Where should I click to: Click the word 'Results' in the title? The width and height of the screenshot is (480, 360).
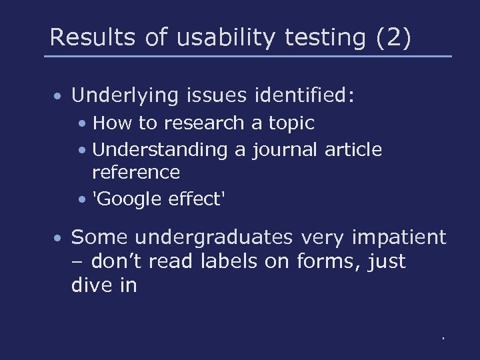(x=89, y=37)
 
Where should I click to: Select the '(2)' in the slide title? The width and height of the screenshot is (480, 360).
(x=393, y=37)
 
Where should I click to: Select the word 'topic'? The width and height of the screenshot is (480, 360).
(x=291, y=123)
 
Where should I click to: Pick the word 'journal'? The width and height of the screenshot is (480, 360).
(x=285, y=150)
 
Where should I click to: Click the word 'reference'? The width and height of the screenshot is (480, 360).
(x=135, y=172)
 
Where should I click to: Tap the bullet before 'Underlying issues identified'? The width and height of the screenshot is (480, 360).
(x=59, y=97)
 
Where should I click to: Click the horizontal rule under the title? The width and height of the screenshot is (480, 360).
(x=247, y=56)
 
